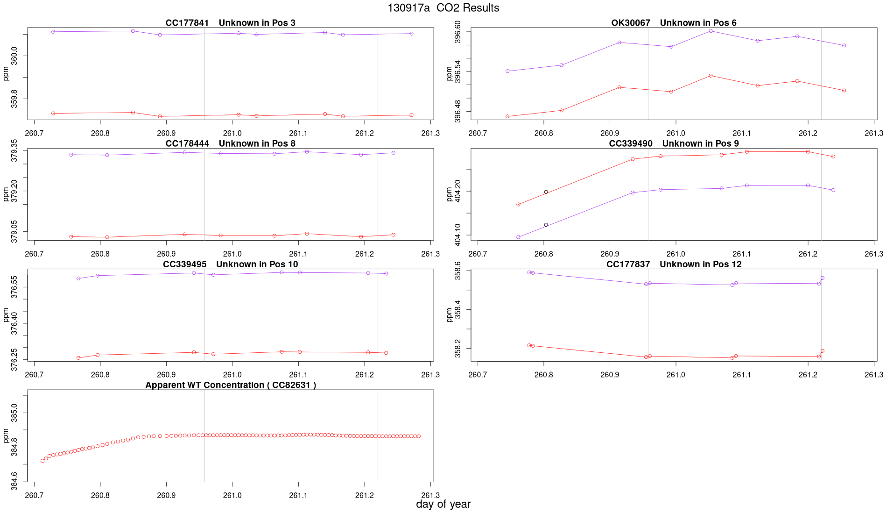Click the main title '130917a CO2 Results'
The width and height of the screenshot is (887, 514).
[443, 8]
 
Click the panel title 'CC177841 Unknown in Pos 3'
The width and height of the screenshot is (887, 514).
[230, 23]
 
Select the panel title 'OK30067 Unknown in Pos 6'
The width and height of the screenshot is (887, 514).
[674, 23]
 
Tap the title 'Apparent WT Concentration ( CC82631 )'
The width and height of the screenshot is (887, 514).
[230, 385]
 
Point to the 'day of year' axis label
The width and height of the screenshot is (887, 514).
[443, 504]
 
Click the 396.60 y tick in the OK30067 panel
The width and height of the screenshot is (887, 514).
[458, 32]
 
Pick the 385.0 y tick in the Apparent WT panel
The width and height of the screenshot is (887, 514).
[14, 413]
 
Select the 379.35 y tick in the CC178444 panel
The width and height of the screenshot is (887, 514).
[14, 150]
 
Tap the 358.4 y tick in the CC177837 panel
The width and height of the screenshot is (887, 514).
[458, 310]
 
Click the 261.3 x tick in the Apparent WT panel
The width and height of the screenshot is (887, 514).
[430, 495]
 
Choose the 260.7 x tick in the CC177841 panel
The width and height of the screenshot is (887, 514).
[34, 133]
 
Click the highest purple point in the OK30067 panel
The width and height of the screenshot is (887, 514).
[711, 31]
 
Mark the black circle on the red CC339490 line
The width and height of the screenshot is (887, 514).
[546, 192]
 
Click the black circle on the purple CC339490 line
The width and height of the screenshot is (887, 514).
[546, 225]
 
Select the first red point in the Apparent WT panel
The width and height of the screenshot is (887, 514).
[42, 461]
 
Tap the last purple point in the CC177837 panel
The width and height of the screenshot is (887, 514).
[823, 278]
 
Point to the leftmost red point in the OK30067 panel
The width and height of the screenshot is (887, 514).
[507, 116]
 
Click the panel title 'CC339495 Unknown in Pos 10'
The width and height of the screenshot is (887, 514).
[230, 264]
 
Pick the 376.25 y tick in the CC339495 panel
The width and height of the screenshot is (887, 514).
[14, 359]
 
